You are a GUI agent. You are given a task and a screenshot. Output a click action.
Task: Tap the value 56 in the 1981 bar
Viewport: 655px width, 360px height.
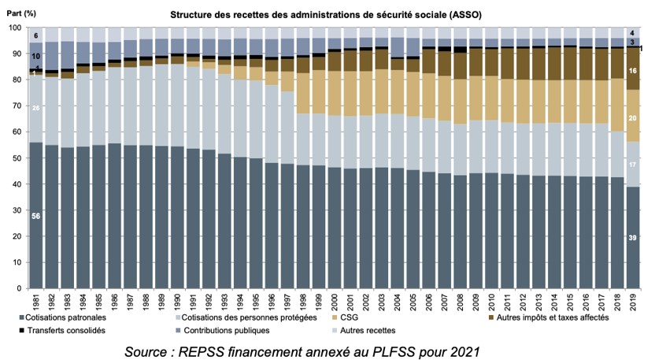click(x=36, y=215)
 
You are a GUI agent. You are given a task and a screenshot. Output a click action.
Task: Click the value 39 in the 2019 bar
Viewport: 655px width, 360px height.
click(x=632, y=237)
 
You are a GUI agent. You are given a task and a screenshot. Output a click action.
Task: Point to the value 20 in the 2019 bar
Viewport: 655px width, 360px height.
click(x=632, y=118)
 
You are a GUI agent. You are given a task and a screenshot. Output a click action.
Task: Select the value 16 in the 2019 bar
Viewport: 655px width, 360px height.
click(x=632, y=71)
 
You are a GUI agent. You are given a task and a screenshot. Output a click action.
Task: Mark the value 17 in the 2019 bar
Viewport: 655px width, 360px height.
click(x=632, y=165)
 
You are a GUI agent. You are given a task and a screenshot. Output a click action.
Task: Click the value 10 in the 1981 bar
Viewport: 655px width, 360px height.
click(x=36, y=57)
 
